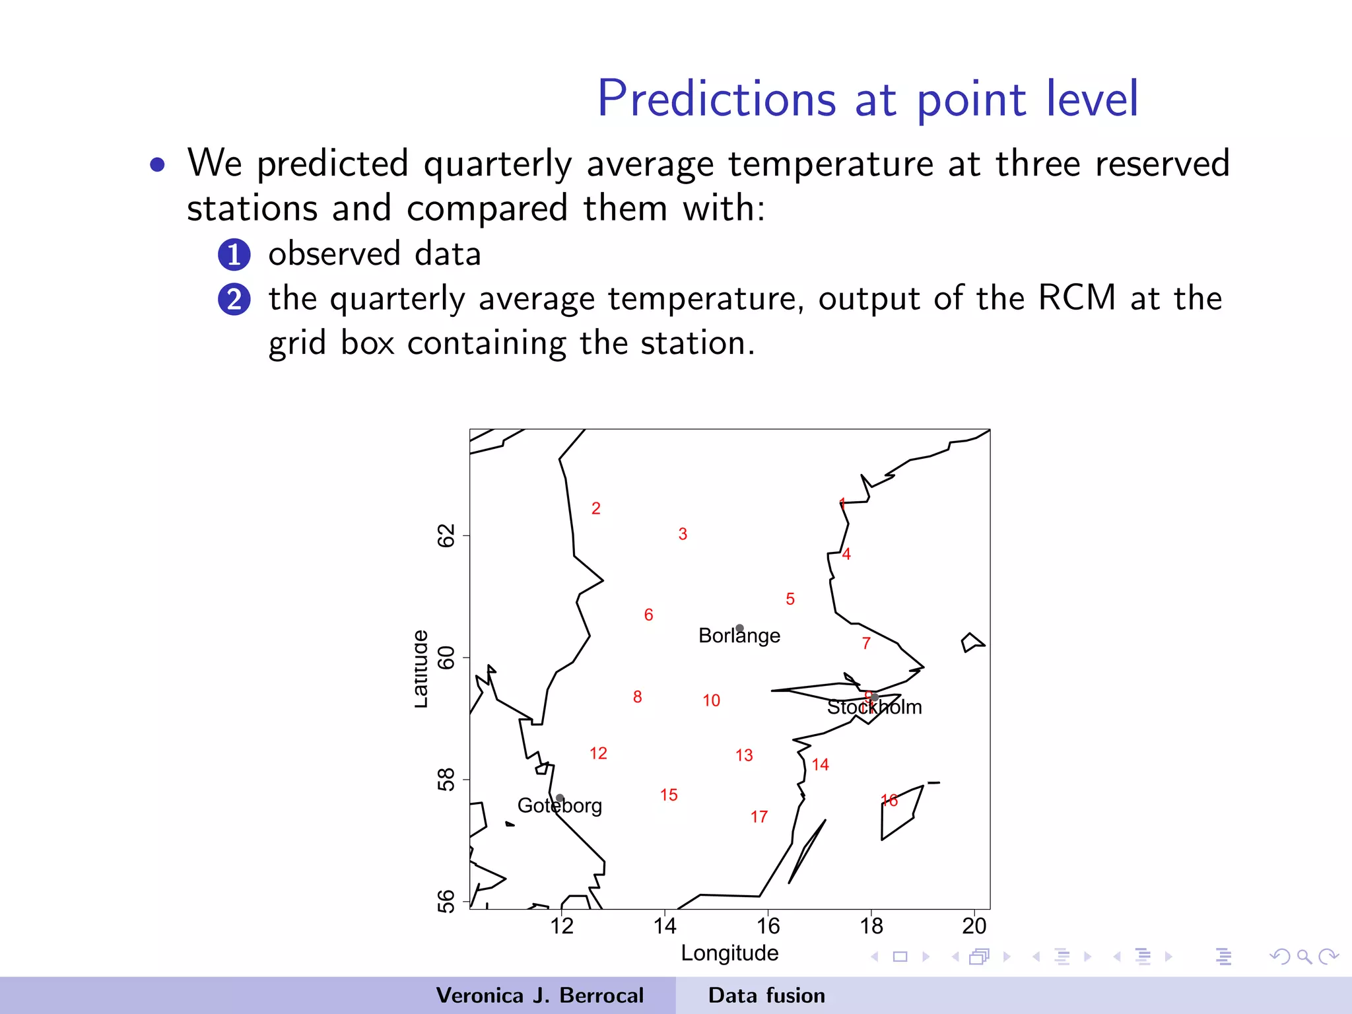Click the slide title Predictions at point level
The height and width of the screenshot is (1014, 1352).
point(867,99)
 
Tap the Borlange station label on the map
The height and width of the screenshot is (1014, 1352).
point(739,636)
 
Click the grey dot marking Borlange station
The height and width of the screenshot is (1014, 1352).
point(739,628)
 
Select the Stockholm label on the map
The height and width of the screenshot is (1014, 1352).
point(874,707)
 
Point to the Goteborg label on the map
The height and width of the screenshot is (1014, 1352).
point(559,806)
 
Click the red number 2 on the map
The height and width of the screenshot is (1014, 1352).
point(595,508)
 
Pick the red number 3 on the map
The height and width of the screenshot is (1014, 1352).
point(683,534)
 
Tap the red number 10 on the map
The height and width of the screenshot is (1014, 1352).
point(711,700)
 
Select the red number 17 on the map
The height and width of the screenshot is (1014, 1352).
point(759,817)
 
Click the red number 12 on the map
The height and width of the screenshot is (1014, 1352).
point(598,753)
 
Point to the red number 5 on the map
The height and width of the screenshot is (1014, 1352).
point(790,599)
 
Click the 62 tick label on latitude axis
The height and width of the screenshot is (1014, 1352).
point(447,535)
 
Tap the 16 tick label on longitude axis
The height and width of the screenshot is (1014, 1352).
point(768,926)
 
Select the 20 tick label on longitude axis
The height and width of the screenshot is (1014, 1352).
point(974,926)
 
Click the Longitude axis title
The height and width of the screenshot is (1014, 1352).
point(729,953)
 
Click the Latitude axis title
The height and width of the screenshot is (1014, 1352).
point(421,669)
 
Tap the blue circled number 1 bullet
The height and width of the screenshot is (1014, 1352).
point(234,255)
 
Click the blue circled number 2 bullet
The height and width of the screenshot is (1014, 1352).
point(234,299)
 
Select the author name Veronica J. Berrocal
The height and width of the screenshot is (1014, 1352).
point(539,996)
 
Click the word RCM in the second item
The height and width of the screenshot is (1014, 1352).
point(1076,298)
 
